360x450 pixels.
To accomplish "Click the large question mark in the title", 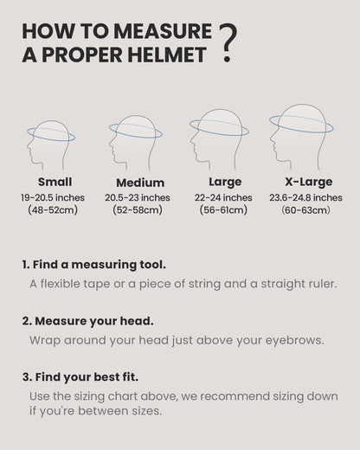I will click(228, 43).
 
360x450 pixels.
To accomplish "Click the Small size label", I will click(55, 183).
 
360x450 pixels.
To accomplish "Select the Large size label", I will click(225, 183).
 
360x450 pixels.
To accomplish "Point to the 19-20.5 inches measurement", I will click(53, 197).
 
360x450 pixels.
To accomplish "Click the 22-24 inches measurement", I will click(225, 197).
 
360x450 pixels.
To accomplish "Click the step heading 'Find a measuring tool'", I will click(94, 264).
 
